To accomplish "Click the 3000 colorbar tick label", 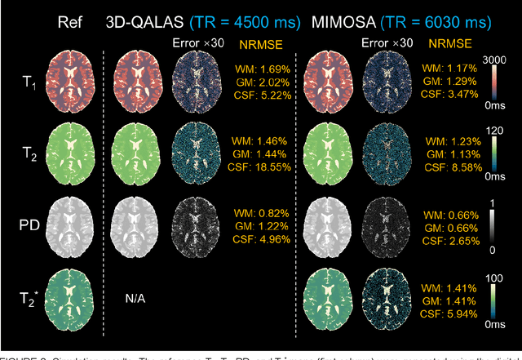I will pos(498,59).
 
